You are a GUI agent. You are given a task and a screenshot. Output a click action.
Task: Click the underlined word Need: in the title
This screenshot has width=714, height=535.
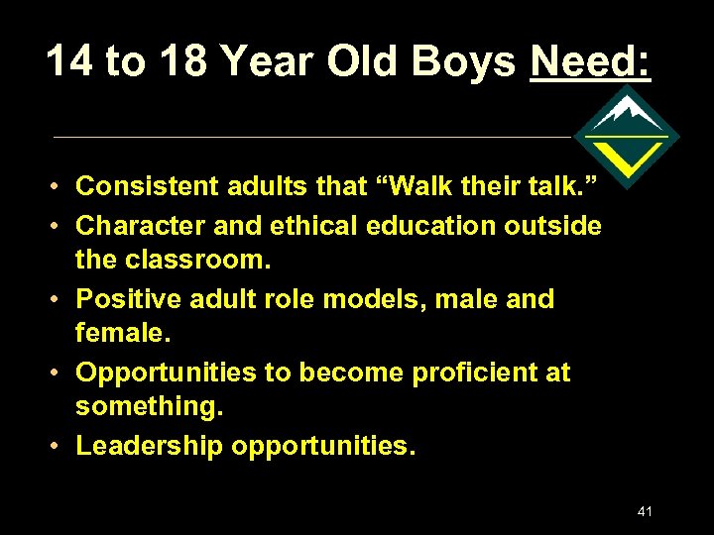coord(591,62)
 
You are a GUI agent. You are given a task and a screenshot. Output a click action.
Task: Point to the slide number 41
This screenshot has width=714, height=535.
coord(646,511)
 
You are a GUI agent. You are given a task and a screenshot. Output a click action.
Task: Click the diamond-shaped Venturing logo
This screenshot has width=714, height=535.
coord(627,137)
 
